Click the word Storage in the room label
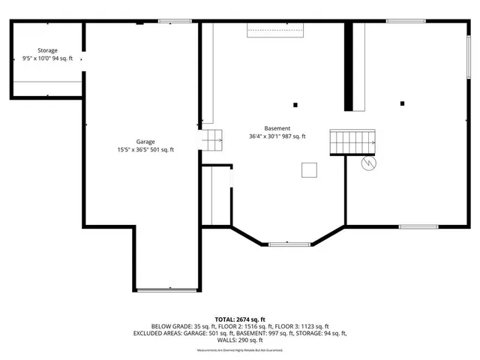[x=47, y=51]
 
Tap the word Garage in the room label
[x=145, y=141]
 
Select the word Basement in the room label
[x=277, y=128]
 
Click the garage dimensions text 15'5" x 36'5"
[x=133, y=149]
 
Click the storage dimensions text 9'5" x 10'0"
[x=36, y=58]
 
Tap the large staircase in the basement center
[x=352, y=141]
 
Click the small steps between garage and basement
[x=211, y=139]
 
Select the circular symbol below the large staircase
[x=368, y=163]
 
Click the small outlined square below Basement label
[x=309, y=170]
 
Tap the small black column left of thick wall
[x=295, y=104]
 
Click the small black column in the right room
[x=403, y=103]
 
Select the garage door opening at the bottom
[x=167, y=289]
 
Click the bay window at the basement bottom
[x=289, y=243]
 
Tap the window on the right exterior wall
[x=469, y=55]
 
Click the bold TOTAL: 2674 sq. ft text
[x=240, y=319]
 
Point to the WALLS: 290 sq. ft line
[x=240, y=340]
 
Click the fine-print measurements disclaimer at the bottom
[x=240, y=350]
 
